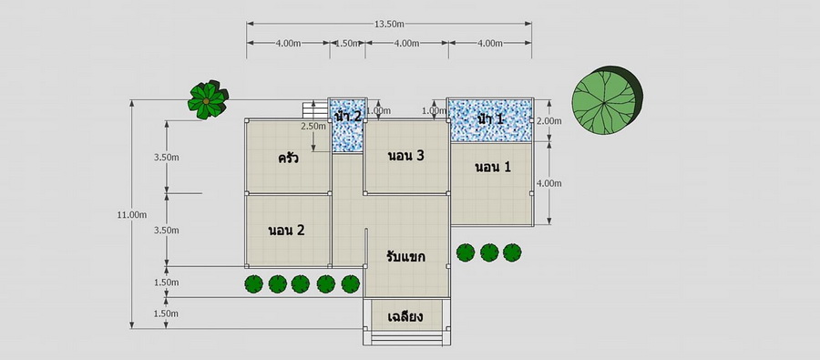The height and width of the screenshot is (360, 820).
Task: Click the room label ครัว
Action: (x=288, y=158)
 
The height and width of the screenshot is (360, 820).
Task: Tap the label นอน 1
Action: (x=493, y=168)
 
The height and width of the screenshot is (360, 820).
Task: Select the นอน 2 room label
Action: (x=286, y=231)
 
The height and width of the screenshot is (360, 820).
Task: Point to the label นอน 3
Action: (x=405, y=156)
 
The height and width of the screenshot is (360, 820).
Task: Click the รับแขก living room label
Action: (x=405, y=257)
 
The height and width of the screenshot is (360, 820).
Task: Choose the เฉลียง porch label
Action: (x=405, y=317)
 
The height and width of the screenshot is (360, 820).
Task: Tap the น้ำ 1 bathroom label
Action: (x=490, y=118)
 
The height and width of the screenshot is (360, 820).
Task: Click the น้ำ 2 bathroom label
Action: (x=348, y=116)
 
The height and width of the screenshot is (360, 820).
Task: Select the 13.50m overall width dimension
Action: (x=389, y=24)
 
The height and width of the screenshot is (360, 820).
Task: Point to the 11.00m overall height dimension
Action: (x=132, y=214)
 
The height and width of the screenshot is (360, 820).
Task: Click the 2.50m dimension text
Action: (x=313, y=126)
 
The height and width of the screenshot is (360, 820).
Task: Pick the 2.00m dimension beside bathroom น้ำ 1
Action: (x=549, y=121)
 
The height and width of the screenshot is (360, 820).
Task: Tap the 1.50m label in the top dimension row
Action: (x=347, y=44)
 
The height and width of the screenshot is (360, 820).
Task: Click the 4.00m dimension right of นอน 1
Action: (x=549, y=183)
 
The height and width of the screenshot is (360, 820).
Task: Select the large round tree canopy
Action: (x=607, y=100)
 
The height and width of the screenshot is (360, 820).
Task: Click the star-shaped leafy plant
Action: (x=208, y=99)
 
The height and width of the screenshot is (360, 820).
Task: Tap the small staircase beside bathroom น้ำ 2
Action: (x=315, y=110)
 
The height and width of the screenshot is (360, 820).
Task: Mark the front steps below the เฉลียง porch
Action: (x=406, y=338)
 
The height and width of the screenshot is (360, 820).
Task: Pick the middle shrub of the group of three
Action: (x=489, y=252)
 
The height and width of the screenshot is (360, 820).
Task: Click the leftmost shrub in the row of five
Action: (x=253, y=284)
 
